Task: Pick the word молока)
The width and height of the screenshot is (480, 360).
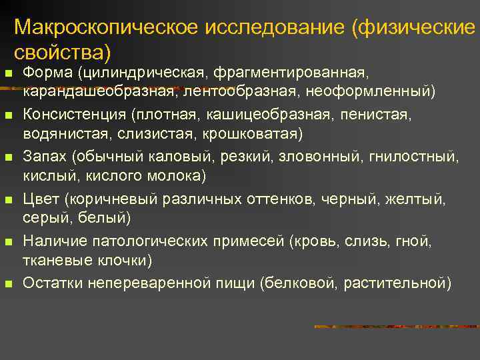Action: coord(178,175)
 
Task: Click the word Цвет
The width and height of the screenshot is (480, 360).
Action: coord(41,199)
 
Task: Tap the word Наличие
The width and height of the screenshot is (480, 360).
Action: coord(53,241)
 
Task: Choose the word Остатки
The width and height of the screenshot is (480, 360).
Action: coord(52,283)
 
